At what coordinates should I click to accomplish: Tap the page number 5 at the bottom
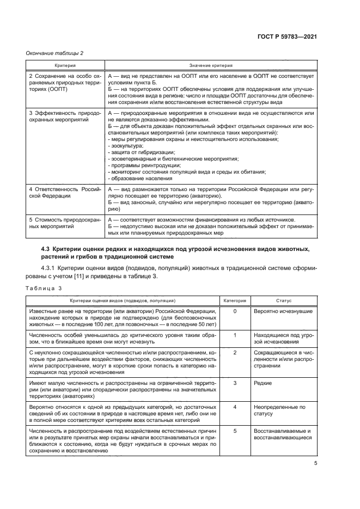315,464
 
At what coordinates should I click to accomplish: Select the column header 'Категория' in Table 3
235,300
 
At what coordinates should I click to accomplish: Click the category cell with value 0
235,311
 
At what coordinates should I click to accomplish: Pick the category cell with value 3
235,384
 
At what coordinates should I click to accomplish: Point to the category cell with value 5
235,431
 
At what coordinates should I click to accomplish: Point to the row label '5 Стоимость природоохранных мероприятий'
65,222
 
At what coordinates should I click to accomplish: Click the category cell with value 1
235,335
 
